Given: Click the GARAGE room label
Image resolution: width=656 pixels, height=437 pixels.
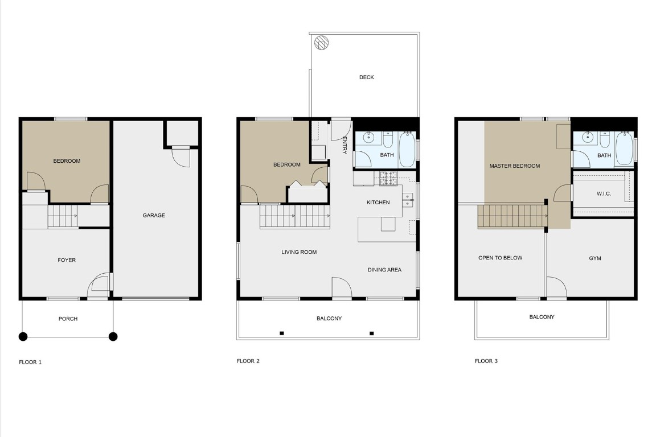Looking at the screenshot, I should point(154,216).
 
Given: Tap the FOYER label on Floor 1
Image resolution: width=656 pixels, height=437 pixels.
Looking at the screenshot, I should point(67,260).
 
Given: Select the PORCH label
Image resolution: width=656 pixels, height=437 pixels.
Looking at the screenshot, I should point(68,319).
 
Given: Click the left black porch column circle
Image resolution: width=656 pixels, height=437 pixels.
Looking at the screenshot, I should point(23,336).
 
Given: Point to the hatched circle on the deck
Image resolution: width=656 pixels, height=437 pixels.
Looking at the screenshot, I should point(322,43).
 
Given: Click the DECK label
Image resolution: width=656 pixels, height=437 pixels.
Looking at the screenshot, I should point(367,77).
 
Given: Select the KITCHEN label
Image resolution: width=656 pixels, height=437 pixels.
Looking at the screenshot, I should point(378,203).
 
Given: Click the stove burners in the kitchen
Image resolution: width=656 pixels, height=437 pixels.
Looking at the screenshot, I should point(389,179).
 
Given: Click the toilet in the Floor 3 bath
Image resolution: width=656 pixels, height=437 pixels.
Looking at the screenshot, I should point(605,139).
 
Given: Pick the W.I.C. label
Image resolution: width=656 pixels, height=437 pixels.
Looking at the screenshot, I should point(604,194).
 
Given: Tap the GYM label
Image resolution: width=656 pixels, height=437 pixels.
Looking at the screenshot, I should point(595,258).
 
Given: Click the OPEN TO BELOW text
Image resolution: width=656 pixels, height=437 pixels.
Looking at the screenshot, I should point(500,258).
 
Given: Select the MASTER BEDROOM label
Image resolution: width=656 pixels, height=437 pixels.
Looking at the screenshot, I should point(515,166).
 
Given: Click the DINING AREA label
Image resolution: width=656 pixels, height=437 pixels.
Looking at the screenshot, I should point(384,270).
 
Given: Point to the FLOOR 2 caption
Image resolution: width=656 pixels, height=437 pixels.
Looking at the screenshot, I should point(248,361).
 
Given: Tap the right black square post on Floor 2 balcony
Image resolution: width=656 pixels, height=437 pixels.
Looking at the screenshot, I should point(372,333).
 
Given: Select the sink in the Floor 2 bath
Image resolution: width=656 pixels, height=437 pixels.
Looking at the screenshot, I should point(369,138).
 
